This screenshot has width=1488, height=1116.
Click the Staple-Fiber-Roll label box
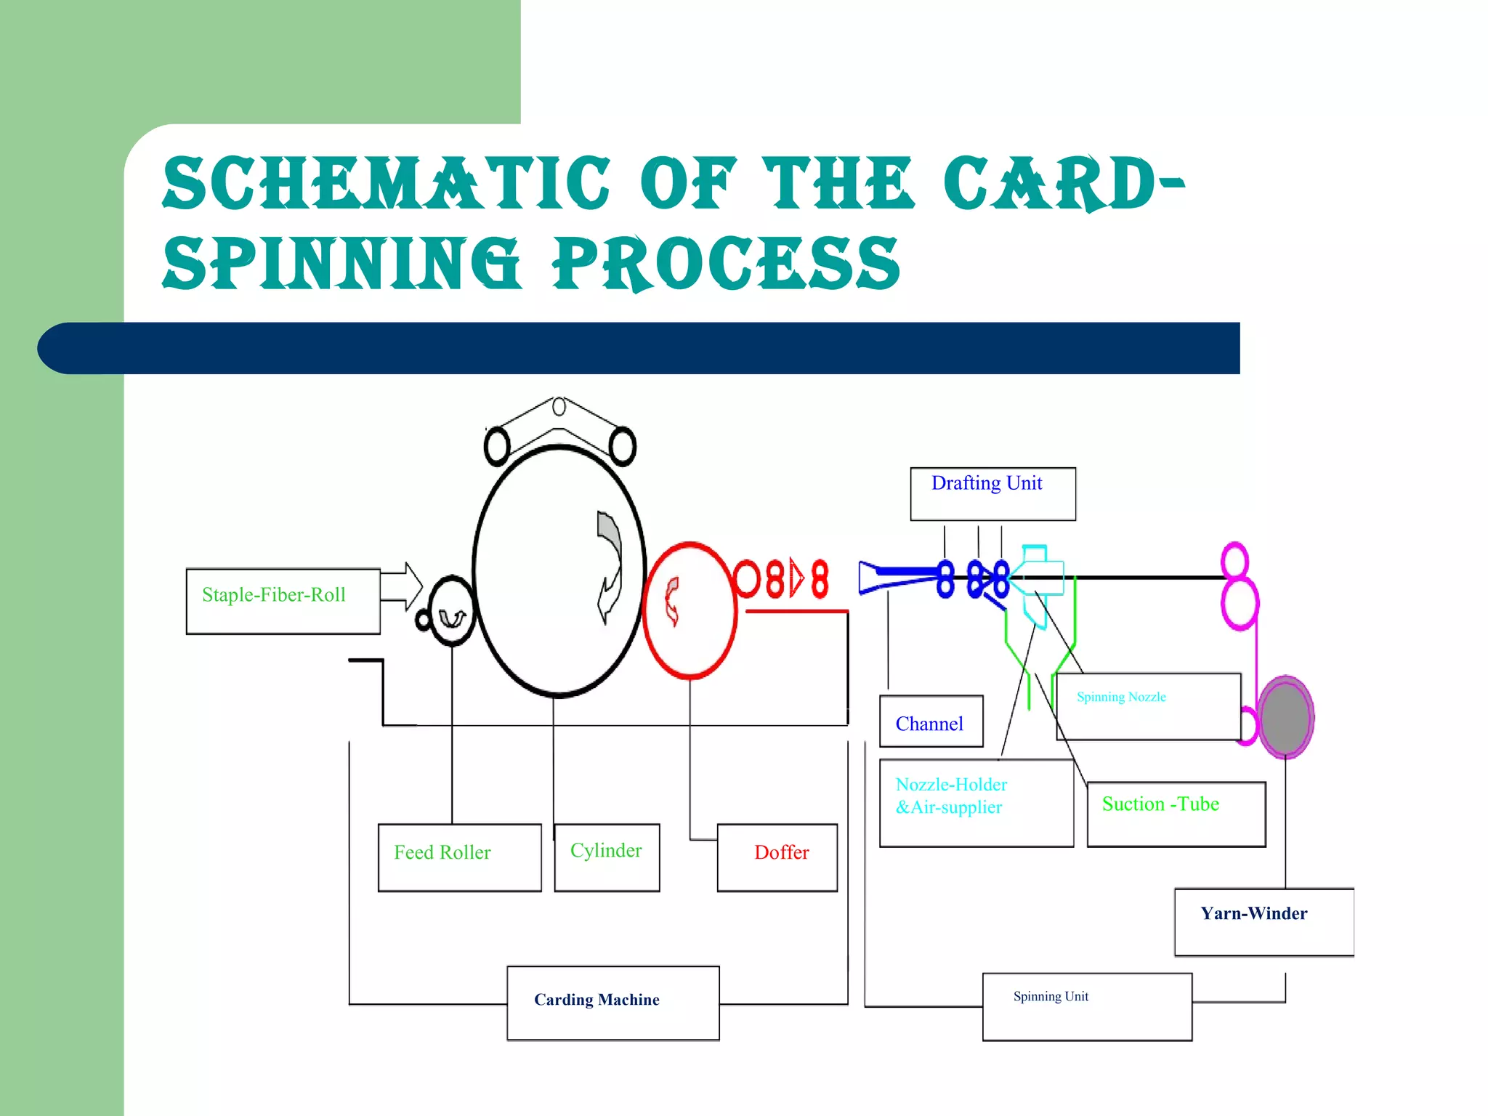(283, 601)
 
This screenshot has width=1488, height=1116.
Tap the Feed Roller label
(442, 852)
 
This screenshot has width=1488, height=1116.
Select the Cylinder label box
(607, 857)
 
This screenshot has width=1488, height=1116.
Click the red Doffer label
(781, 852)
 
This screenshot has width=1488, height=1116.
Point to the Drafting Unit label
(987, 484)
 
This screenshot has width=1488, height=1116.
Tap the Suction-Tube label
(1160, 804)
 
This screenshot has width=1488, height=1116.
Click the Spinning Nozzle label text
(1121, 697)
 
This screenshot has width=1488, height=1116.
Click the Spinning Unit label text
(1051, 997)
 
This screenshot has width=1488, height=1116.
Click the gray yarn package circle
(1285, 718)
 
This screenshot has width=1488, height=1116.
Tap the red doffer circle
(690, 610)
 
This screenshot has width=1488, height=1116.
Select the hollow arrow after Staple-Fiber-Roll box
(401, 586)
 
